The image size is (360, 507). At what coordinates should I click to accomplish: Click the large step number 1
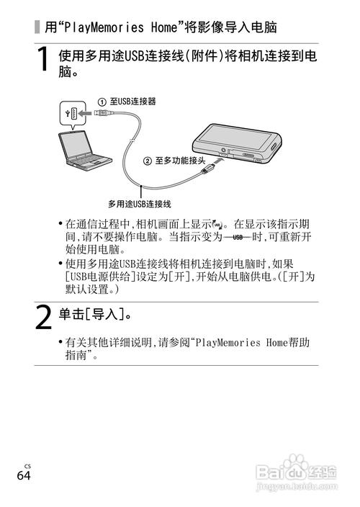coord(44,62)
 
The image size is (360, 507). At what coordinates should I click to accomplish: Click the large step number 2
coord(44,316)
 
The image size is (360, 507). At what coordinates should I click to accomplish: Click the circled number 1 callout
coord(102,102)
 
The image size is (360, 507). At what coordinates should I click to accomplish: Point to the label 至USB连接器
coord(134,102)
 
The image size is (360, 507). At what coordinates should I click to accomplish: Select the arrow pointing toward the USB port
coord(86,113)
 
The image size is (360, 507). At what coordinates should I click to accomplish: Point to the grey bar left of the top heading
coord(37,28)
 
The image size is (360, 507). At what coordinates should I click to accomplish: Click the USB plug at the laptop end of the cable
coord(104,114)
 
